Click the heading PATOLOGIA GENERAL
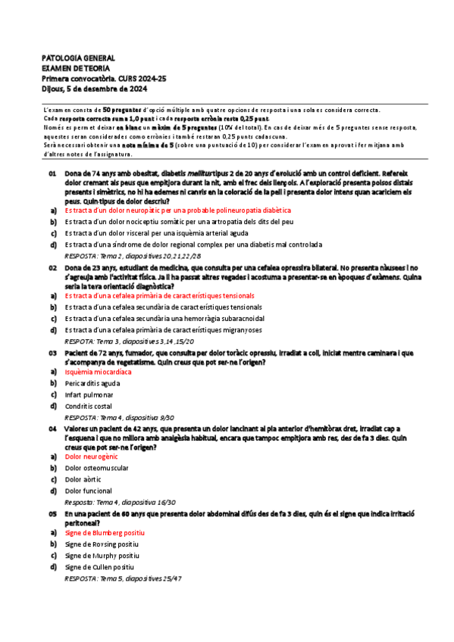pos(78,58)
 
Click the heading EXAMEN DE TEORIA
pos(77,67)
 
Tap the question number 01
pos(53,173)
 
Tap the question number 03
pos(53,353)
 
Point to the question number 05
pos(53,513)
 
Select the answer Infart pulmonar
pos(89,395)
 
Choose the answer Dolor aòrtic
pos(83,480)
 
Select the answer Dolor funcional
pos(88,491)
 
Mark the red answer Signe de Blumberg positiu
pos(105,533)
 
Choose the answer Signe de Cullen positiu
pos(99,566)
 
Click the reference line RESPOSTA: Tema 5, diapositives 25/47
pos(124,578)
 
